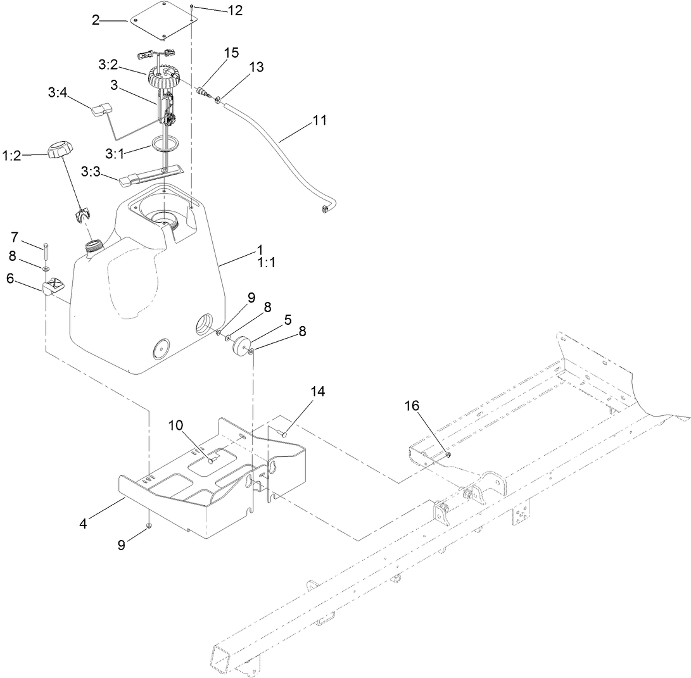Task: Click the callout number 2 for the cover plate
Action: [x=96, y=21]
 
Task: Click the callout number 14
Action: [x=317, y=392]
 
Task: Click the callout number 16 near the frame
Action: [x=412, y=406]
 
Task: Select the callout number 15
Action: [x=231, y=53]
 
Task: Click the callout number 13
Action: [x=257, y=66]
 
